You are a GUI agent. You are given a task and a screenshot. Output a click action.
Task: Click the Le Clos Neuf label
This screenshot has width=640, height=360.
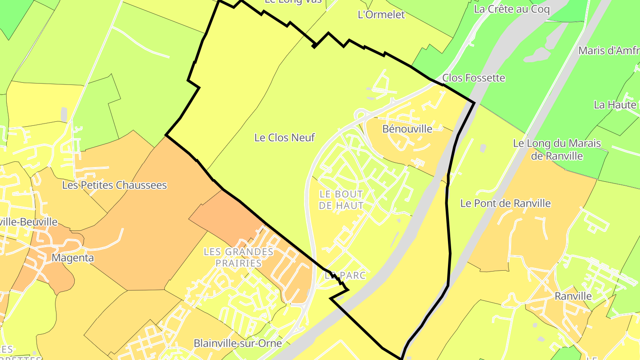pyautogui.click(x=284, y=138)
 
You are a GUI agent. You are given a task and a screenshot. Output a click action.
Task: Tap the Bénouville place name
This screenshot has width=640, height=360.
pyautogui.click(x=407, y=129)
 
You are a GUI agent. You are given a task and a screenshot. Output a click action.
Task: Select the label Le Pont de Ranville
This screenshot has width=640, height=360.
pyautogui.click(x=505, y=204)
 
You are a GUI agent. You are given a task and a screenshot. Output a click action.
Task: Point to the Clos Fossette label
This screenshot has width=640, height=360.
pyautogui.click(x=474, y=78)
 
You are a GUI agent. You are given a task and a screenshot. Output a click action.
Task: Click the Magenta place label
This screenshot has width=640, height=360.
pyautogui.click(x=70, y=258)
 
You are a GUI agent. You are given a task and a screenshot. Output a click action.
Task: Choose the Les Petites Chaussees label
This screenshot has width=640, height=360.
pyautogui.click(x=114, y=185)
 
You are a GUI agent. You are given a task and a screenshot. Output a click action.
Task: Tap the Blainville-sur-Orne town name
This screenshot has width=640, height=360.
pyautogui.click(x=238, y=344)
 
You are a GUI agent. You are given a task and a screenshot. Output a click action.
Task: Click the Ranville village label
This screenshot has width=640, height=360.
pyautogui.click(x=573, y=296)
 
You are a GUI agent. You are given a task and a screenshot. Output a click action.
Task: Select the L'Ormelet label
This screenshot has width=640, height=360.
pyautogui.click(x=381, y=15)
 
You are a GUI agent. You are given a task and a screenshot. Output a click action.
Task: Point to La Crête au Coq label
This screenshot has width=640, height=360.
pyautogui.click(x=512, y=9)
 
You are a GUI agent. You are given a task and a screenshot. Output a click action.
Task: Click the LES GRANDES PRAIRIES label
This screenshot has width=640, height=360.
pyautogui.click(x=238, y=257)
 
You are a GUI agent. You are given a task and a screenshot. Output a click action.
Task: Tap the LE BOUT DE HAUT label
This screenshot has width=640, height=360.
pyautogui.click(x=341, y=200)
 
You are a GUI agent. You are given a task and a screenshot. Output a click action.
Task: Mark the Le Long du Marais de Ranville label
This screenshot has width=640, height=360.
pyautogui.click(x=557, y=150)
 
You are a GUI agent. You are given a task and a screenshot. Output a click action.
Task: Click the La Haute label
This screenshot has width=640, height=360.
pyautogui.click(x=615, y=105)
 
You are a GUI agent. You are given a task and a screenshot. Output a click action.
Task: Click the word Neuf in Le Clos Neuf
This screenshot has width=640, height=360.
pyautogui.click(x=304, y=138)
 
